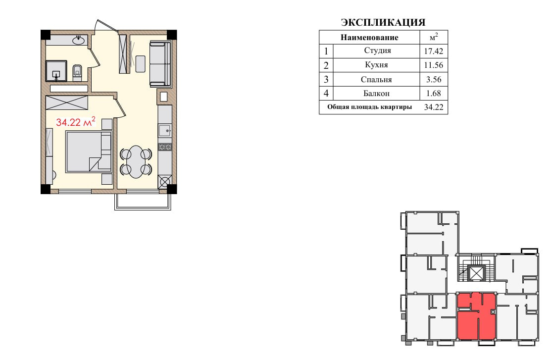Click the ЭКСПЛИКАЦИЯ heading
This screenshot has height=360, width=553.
point(383,22)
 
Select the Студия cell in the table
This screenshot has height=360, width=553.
point(377,51)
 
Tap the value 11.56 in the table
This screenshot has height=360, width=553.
point(434,65)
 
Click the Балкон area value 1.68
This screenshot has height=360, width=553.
point(434,94)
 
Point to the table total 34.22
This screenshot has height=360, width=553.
point(434,107)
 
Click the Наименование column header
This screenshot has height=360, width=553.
point(369,37)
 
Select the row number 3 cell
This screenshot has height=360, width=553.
point(326,79)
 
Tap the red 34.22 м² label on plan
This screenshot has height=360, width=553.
point(76,122)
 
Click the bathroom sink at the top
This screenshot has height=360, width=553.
point(79,40)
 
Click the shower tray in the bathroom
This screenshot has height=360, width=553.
point(56,71)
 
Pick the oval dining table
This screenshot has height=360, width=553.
point(136,162)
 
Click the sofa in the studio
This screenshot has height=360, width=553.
point(160,64)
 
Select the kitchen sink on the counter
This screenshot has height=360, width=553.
point(164,130)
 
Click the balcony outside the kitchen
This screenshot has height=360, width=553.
point(143,202)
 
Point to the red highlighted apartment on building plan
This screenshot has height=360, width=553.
point(476,316)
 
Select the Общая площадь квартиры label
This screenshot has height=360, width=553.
point(369,107)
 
